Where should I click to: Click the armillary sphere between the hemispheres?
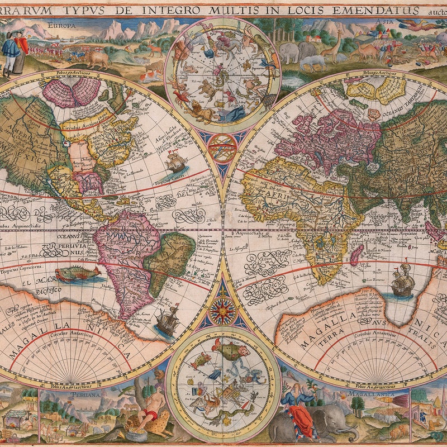[x=223, y=148]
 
